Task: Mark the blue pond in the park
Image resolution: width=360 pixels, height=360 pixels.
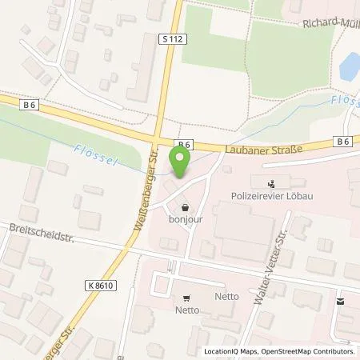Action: pos(349,66)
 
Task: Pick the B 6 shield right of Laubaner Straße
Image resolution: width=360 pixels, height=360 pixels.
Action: pos(343,142)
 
